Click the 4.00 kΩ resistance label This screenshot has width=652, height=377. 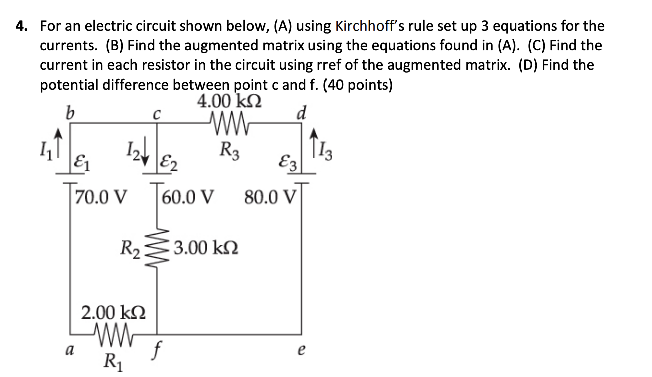click(x=229, y=103)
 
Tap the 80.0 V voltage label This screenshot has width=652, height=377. click(x=270, y=196)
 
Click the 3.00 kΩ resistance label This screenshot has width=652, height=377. click(x=206, y=247)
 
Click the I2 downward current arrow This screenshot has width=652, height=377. click(x=142, y=149)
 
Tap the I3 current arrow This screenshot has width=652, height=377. click(x=314, y=137)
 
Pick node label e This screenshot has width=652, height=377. click(x=301, y=350)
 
